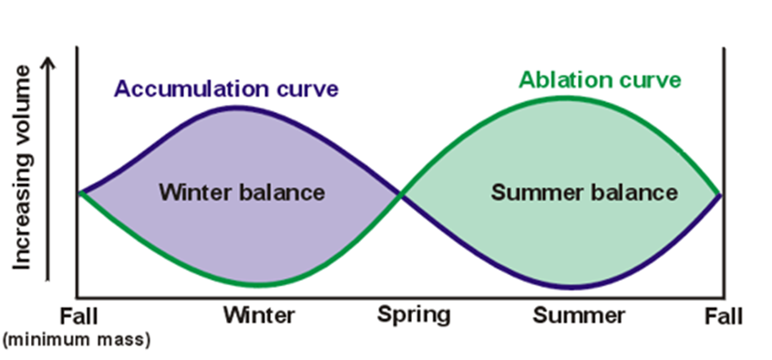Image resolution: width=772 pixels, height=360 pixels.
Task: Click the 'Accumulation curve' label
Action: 226,89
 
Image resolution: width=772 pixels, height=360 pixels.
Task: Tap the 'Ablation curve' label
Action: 600,79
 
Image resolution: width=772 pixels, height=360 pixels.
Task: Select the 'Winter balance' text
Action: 242,192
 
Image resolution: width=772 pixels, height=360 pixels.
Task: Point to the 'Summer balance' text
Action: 583,192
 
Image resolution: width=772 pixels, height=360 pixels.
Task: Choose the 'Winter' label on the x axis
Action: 260,316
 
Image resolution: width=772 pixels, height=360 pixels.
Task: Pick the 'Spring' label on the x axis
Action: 415,315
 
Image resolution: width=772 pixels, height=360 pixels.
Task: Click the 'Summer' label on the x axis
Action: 579,316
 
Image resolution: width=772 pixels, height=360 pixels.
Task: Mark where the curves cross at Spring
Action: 400,193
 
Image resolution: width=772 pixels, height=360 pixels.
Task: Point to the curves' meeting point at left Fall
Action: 80,193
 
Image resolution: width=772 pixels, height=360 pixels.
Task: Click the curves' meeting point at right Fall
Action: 720,193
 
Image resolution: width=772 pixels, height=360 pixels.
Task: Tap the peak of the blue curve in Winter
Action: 239,108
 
